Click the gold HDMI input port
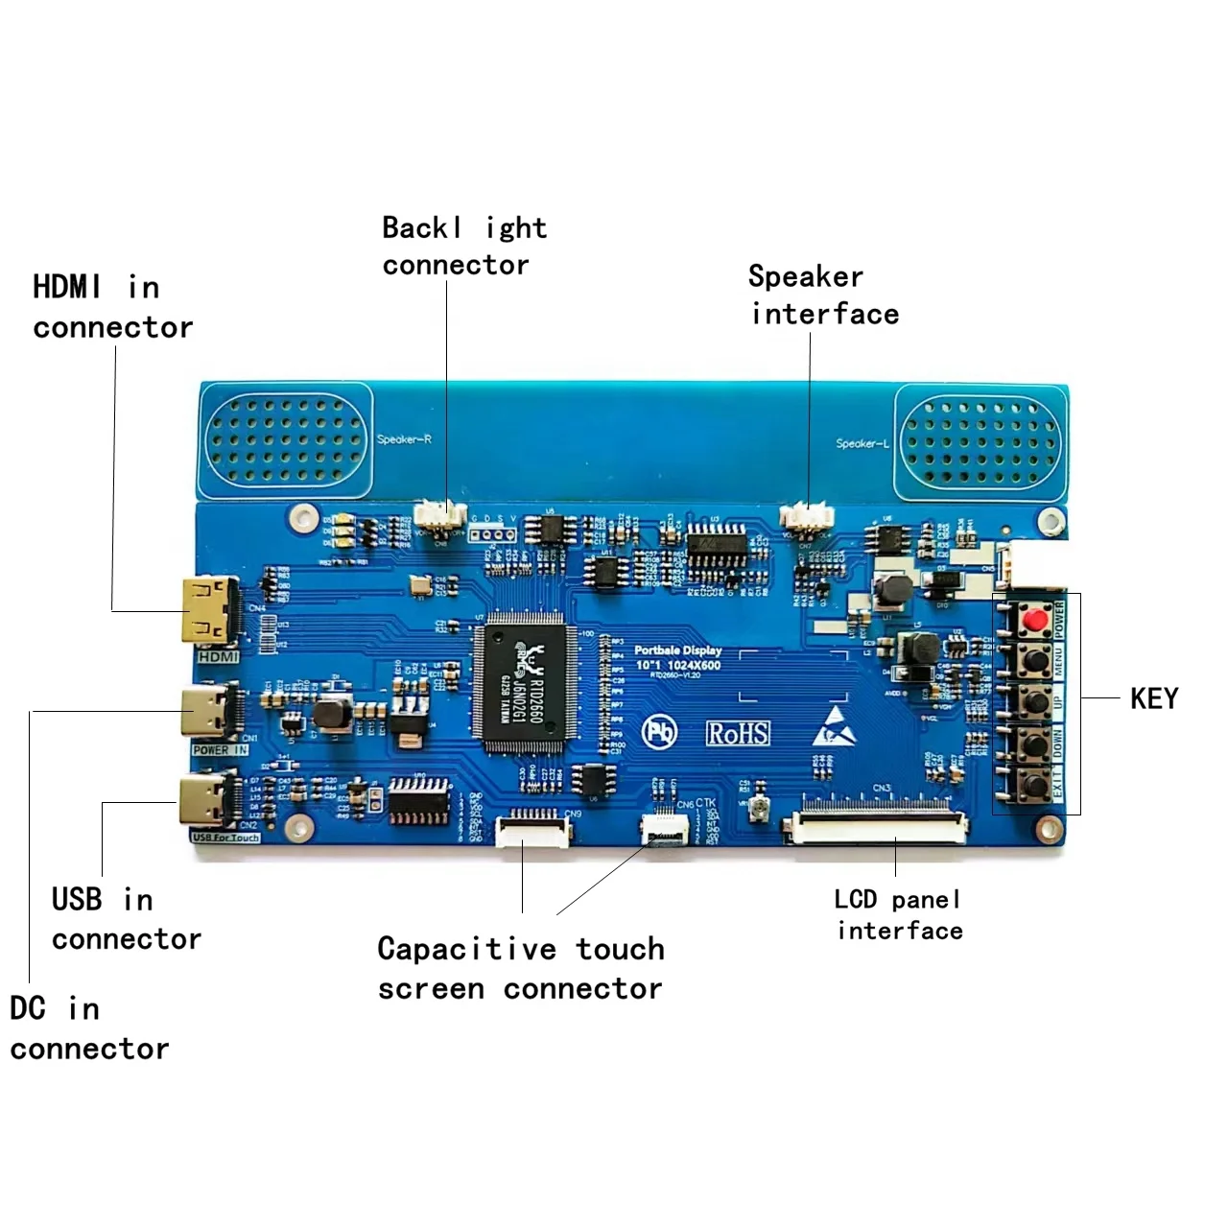point(206,612)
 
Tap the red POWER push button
point(1034,620)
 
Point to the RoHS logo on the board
point(738,734)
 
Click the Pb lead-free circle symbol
point(659,733)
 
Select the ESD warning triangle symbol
point(836,726)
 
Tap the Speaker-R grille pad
point(285,439)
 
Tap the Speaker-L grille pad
point(980,443)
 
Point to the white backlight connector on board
point(440,517)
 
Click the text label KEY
point(1154,698)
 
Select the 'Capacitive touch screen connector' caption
point(520,968)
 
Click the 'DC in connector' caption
point(88,1028)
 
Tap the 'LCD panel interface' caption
point(898,914)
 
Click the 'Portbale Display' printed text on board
point(677,650)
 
